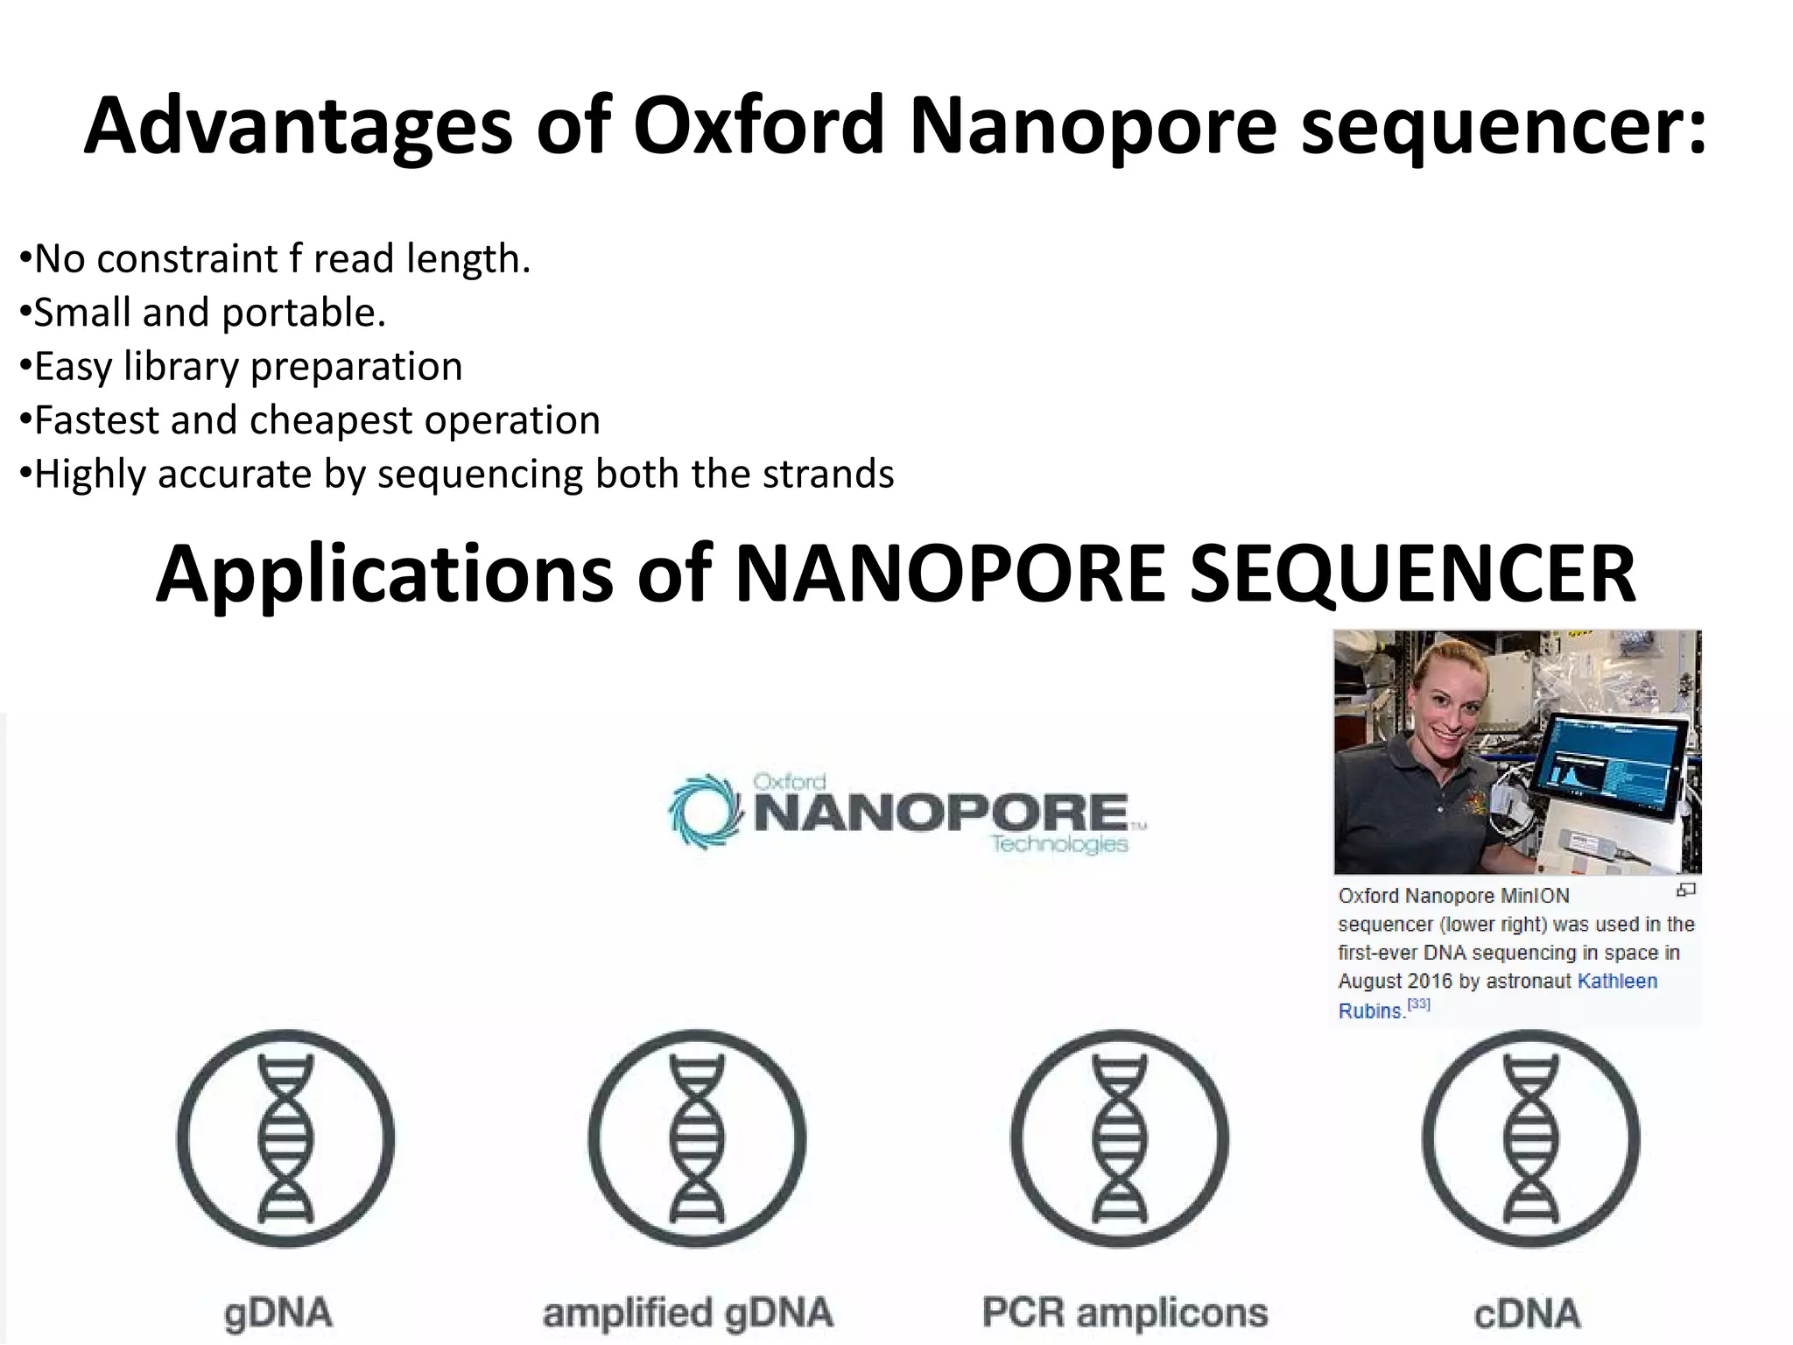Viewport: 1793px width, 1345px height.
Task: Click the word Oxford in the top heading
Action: point(758,127)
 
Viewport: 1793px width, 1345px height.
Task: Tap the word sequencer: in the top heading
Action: point(1502,127)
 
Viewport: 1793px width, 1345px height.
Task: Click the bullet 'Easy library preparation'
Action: point(242,366)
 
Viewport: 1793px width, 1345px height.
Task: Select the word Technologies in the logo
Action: point(1059,844)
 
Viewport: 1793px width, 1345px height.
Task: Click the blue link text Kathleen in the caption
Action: point(1616,982)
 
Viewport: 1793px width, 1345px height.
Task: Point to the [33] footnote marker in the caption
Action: point(1418,1005)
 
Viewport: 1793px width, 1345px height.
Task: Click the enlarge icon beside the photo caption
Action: point(1685,891)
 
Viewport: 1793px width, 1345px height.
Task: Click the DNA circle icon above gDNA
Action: point(285,1137)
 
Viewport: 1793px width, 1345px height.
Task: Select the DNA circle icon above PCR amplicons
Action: point(1120,1137)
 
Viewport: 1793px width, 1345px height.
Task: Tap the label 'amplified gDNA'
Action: point(687,1313)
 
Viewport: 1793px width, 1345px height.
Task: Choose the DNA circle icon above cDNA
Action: point(1529,1137)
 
